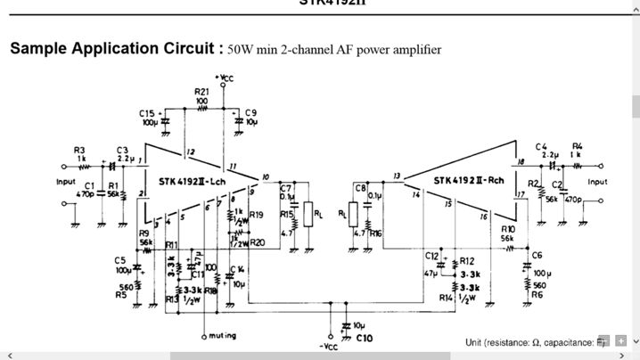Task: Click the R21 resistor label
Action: click(202, 92)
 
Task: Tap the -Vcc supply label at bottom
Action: click(330, 347)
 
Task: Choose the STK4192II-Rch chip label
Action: click(468, 181)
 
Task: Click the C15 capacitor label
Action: click(147, 112)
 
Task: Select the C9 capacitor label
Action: click(251, 112)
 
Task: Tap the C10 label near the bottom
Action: click(364, 339)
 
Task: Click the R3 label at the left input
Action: click(79, 149)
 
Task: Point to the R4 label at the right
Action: click(577, 145)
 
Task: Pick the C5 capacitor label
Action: click(119, 260)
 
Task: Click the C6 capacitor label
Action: click(537, 256)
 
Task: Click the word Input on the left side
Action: click(67, 181)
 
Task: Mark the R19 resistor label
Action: click(257, 215)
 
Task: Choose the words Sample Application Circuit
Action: click(111, 48)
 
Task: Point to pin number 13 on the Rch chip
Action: click(397, 175)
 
